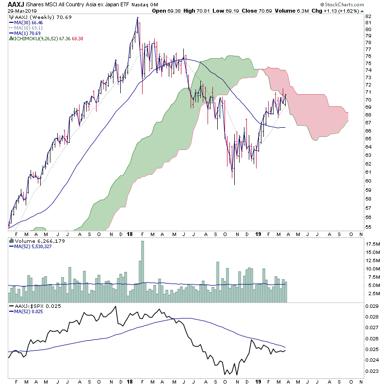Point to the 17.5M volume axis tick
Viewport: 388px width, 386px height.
point(372,244)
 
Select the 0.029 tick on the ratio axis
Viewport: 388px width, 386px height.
point(372,306)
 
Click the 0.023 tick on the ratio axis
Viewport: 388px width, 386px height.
point(372,371)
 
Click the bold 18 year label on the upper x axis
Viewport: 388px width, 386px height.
point(129,234)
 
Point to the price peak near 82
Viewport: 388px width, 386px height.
point(138,17)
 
